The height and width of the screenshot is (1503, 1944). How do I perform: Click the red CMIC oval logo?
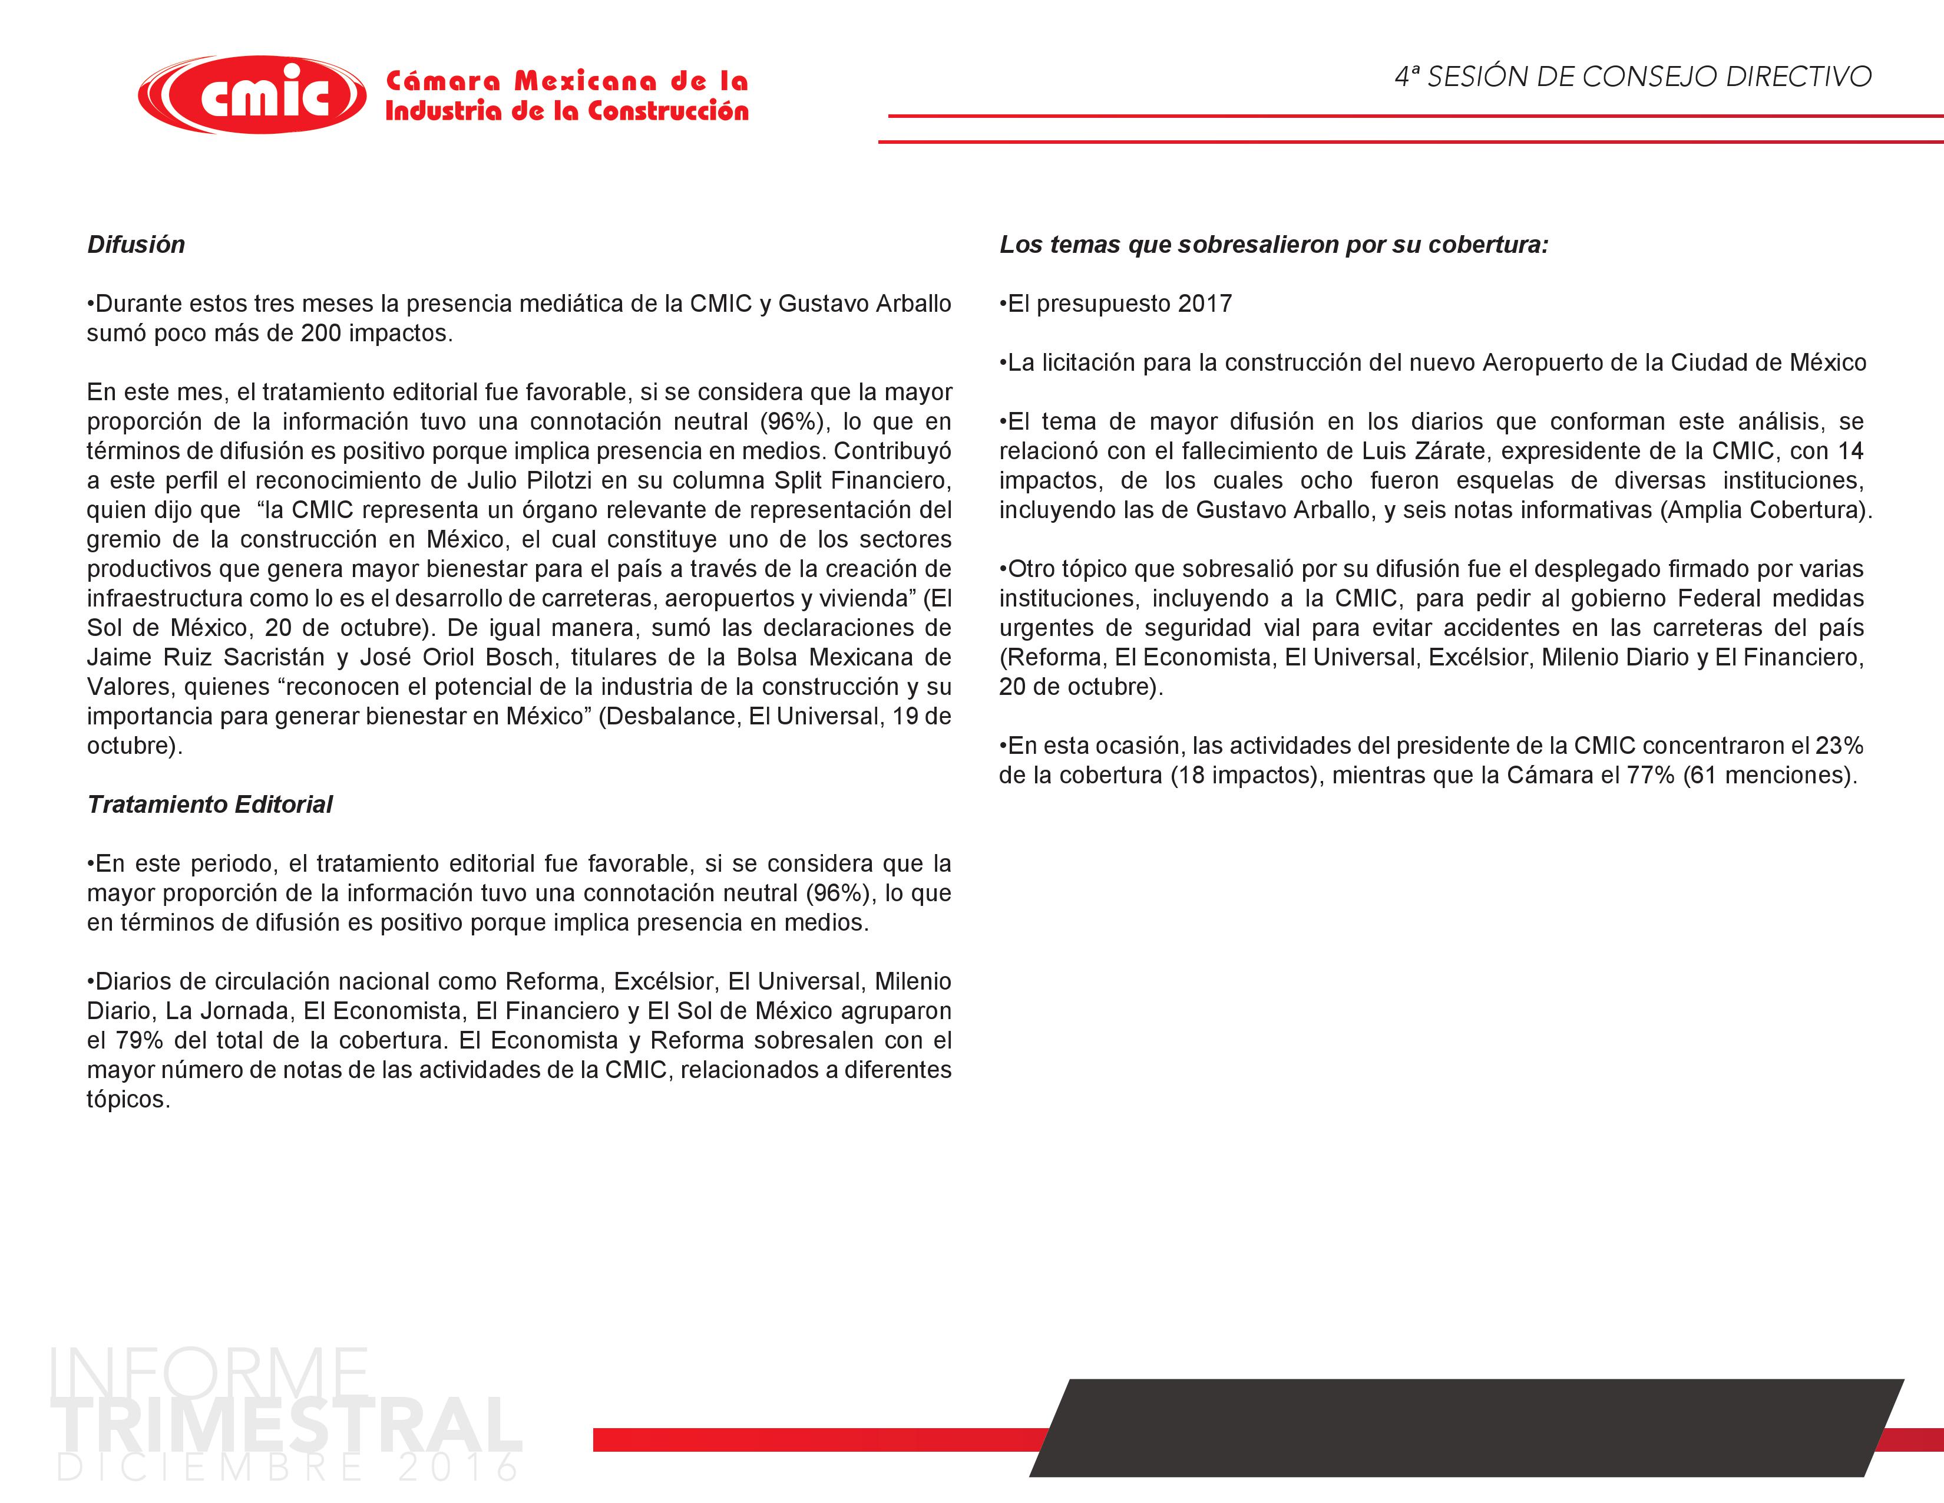[x=252, y=94]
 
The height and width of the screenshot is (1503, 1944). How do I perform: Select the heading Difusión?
[x=136, y=245]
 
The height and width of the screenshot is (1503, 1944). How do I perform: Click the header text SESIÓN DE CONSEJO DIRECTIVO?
[x=1648, y=77]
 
